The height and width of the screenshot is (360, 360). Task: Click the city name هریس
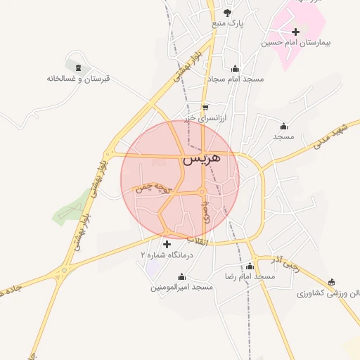[x=202, y=160]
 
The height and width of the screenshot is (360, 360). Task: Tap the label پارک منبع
[x=227, y=23]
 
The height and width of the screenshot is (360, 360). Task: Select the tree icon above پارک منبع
[x=227, y=12]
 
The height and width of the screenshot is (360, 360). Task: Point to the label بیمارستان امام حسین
[x=296, y=43]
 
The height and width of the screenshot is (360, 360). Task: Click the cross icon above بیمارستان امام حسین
[x=295, y=32]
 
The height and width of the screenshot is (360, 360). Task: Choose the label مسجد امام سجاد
[x=236, y=79]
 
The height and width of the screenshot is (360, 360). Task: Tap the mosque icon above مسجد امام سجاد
[x=235, y=69]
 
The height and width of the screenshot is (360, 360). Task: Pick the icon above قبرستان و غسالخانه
[x=77, y=67]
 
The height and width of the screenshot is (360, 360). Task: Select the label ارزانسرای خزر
[x=205, y=120]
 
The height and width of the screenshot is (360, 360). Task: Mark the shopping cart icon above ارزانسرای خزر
[x=205, y=108]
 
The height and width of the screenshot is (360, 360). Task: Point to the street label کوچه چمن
[x=153, y=186]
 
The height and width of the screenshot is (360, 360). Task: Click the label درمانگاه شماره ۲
[x=166, y=255]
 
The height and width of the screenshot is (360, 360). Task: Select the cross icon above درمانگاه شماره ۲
[x=166, y=244]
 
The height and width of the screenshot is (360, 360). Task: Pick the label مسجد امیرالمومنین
[x=181, y=288]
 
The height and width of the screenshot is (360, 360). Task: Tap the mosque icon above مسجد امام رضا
[x=250, y=266]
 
